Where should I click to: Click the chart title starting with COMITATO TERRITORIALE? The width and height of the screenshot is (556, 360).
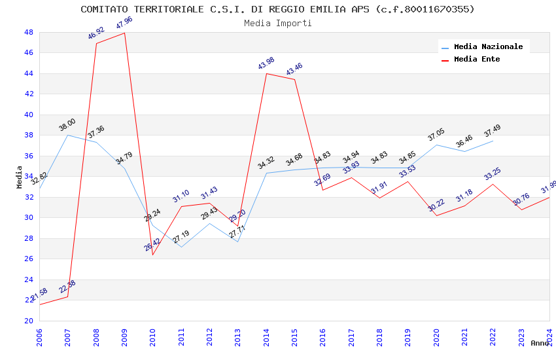pos(277,9)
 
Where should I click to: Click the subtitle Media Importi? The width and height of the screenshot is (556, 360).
pos(277,24)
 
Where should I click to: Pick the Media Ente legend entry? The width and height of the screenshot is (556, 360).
pos(477,60)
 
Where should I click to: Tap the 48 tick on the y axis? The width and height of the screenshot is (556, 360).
pos(29,32)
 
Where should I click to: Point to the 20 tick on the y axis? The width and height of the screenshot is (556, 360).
pos(29,321)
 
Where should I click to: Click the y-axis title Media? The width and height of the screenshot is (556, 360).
pos(20,177)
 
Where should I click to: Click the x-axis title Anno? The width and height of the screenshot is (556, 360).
pos(540,343)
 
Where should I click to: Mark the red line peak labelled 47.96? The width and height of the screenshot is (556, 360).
pos(124,33)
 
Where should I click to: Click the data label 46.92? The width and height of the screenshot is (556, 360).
pos(96,33)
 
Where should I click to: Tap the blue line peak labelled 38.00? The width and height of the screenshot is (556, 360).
pos(67,135)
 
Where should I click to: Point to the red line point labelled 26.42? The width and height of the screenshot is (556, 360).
pos(153,255)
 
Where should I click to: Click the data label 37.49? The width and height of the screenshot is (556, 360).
pos(493,131)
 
